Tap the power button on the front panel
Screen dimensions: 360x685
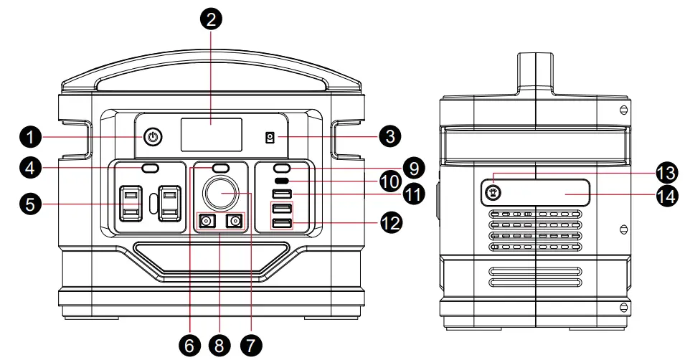tap(152, 136)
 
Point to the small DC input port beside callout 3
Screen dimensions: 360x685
tap(270, 137)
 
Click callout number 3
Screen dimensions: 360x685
tap(392, 135)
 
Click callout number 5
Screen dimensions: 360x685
tap(29, 204)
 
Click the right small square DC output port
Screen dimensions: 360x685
tap(234, 222)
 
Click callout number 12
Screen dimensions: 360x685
tap(392, 223)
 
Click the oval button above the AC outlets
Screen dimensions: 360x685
tap(150, 168)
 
